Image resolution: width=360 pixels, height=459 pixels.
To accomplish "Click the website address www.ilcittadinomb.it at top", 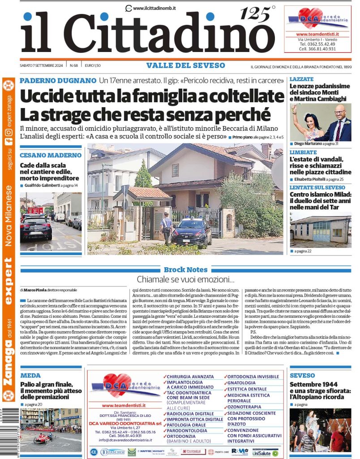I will pyautogui.click(x=154, y=8).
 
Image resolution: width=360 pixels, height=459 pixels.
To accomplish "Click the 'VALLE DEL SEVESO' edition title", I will pyautogui.click(x=185, y=65).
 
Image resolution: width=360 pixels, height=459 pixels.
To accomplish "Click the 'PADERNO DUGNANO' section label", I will pyautogui.click(x=58, y=81).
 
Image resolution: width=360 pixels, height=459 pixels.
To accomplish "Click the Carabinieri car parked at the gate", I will pyautogui.click(x=192, y=233).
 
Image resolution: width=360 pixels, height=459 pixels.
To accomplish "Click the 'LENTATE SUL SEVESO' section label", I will pyautogui.click(x=317, y=187).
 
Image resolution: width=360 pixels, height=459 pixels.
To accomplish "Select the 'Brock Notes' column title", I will pyautogui.click(x=185, y=270).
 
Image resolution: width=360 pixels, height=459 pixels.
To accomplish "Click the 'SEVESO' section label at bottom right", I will pyautogui.click(x=302, y=376).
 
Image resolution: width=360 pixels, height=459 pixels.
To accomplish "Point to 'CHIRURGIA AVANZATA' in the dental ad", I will pyautogui.click(x=191, y=377).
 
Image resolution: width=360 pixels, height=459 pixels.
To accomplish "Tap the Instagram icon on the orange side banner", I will pyautogui.click(x=9, y=133).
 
